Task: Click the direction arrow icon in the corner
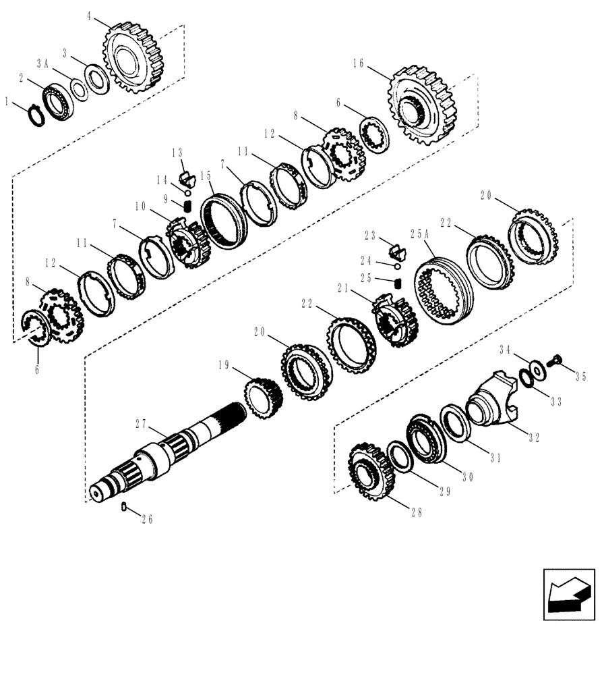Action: click(568, 592)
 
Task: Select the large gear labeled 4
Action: click(138, 57)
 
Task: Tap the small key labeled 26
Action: click(124, 507)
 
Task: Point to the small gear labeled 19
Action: click(264, 400)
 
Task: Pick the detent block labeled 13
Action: click(187, 180)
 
